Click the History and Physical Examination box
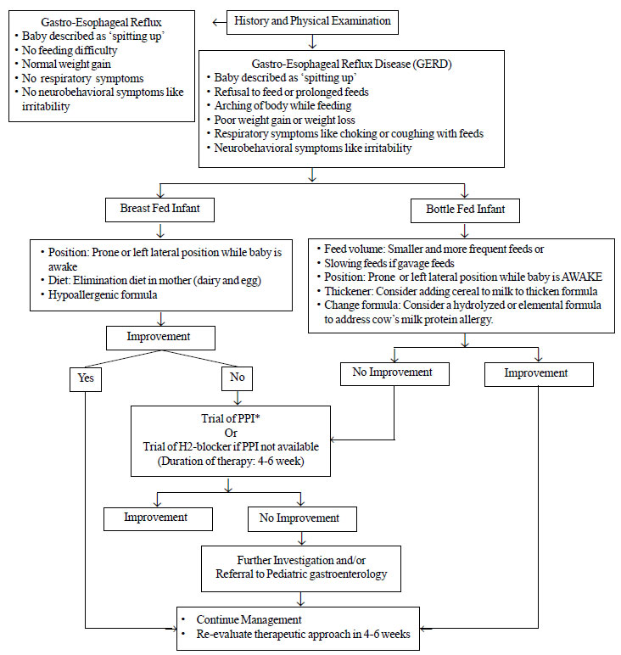point(312,22)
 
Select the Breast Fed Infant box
point(160,210)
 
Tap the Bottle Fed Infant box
point(465,210)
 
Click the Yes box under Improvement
point(86,379)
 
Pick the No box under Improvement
point(238,378)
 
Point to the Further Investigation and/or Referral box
point(301,568)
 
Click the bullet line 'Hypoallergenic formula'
point(103,295)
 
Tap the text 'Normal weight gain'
point(66,64)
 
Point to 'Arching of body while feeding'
point(283,106)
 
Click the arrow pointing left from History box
point(219,23)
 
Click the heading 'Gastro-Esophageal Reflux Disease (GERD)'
point(351,64)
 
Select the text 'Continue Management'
point(249,620)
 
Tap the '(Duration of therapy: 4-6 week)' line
point(231,462)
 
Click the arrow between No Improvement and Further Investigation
point(301,539)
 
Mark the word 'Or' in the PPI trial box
point(231,433)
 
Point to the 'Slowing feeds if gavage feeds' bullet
point(389,263)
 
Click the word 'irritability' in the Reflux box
point(46,107)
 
